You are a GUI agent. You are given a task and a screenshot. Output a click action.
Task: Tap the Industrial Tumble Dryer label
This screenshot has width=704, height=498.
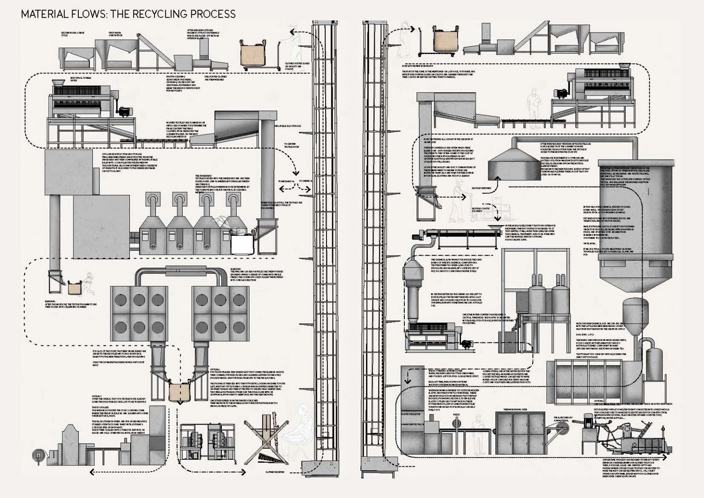click(79, 79)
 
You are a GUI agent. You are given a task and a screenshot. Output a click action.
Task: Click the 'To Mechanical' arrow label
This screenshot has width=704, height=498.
click(286, 181)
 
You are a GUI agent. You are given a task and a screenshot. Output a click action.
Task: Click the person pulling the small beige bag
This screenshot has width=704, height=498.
click(90, 284)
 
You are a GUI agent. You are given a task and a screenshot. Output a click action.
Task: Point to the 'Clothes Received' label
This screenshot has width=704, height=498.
click(275, 472)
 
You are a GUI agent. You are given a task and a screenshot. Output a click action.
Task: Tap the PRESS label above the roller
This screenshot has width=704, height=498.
click(457, 414)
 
